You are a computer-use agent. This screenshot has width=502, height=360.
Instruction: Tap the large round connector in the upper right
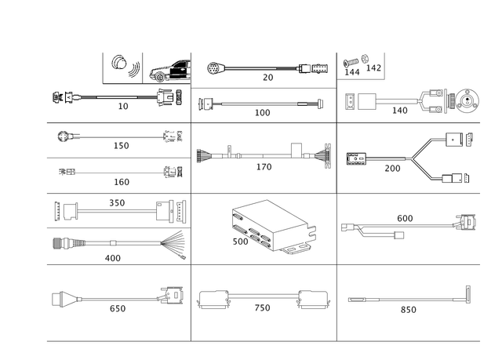(x=466, y=100)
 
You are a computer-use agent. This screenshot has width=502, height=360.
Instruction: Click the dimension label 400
(x=113, y=257)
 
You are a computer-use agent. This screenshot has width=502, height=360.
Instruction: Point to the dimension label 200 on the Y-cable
(x=391, y=167)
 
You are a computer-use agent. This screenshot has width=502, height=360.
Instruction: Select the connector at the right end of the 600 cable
(x=466, y=222)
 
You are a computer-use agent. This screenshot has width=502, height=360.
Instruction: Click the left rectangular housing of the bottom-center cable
(x=213, y=299)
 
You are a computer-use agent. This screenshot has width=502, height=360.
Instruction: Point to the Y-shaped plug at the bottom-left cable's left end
(x=60, y=298)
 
